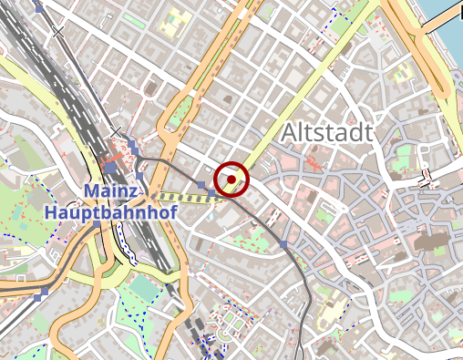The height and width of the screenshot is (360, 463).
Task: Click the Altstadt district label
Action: [326, 133]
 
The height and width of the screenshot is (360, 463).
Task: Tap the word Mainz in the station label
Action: [112, 192]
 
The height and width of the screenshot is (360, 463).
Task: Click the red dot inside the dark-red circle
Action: [231, 180]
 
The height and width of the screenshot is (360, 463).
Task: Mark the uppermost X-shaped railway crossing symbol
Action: [58, 32]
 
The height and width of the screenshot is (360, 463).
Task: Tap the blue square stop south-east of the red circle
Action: [284, 243]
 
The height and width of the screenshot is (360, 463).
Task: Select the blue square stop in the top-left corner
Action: [39, 7]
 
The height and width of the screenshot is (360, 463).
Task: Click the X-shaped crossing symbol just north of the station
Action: [116, 133]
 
